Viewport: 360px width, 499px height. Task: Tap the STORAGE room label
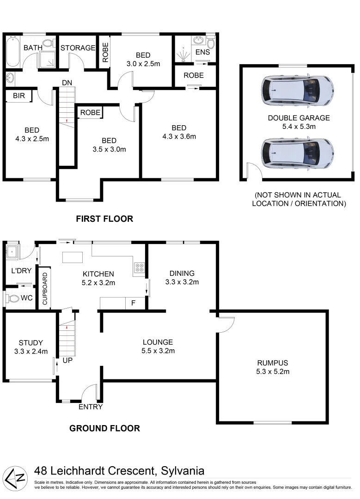click(78, 48)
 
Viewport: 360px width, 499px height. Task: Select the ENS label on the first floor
click(202, 52)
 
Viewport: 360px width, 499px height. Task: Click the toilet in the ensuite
click(211, 43)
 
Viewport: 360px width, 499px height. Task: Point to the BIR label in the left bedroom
click(18, 96)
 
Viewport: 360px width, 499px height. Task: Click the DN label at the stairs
click(67, 83)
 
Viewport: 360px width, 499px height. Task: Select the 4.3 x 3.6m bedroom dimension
click(179, 136)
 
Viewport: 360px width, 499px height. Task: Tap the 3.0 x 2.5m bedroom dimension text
click(143, 64)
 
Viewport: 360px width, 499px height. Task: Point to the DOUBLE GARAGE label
click(299, 118)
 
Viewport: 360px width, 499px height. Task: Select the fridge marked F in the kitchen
click(133, 304)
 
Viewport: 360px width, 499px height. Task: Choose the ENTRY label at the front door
click(90, 407)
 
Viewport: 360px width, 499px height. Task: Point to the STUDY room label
click(31, 342)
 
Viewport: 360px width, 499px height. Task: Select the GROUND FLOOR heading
click(104, 428)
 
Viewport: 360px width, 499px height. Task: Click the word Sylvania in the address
click(182, 471)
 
